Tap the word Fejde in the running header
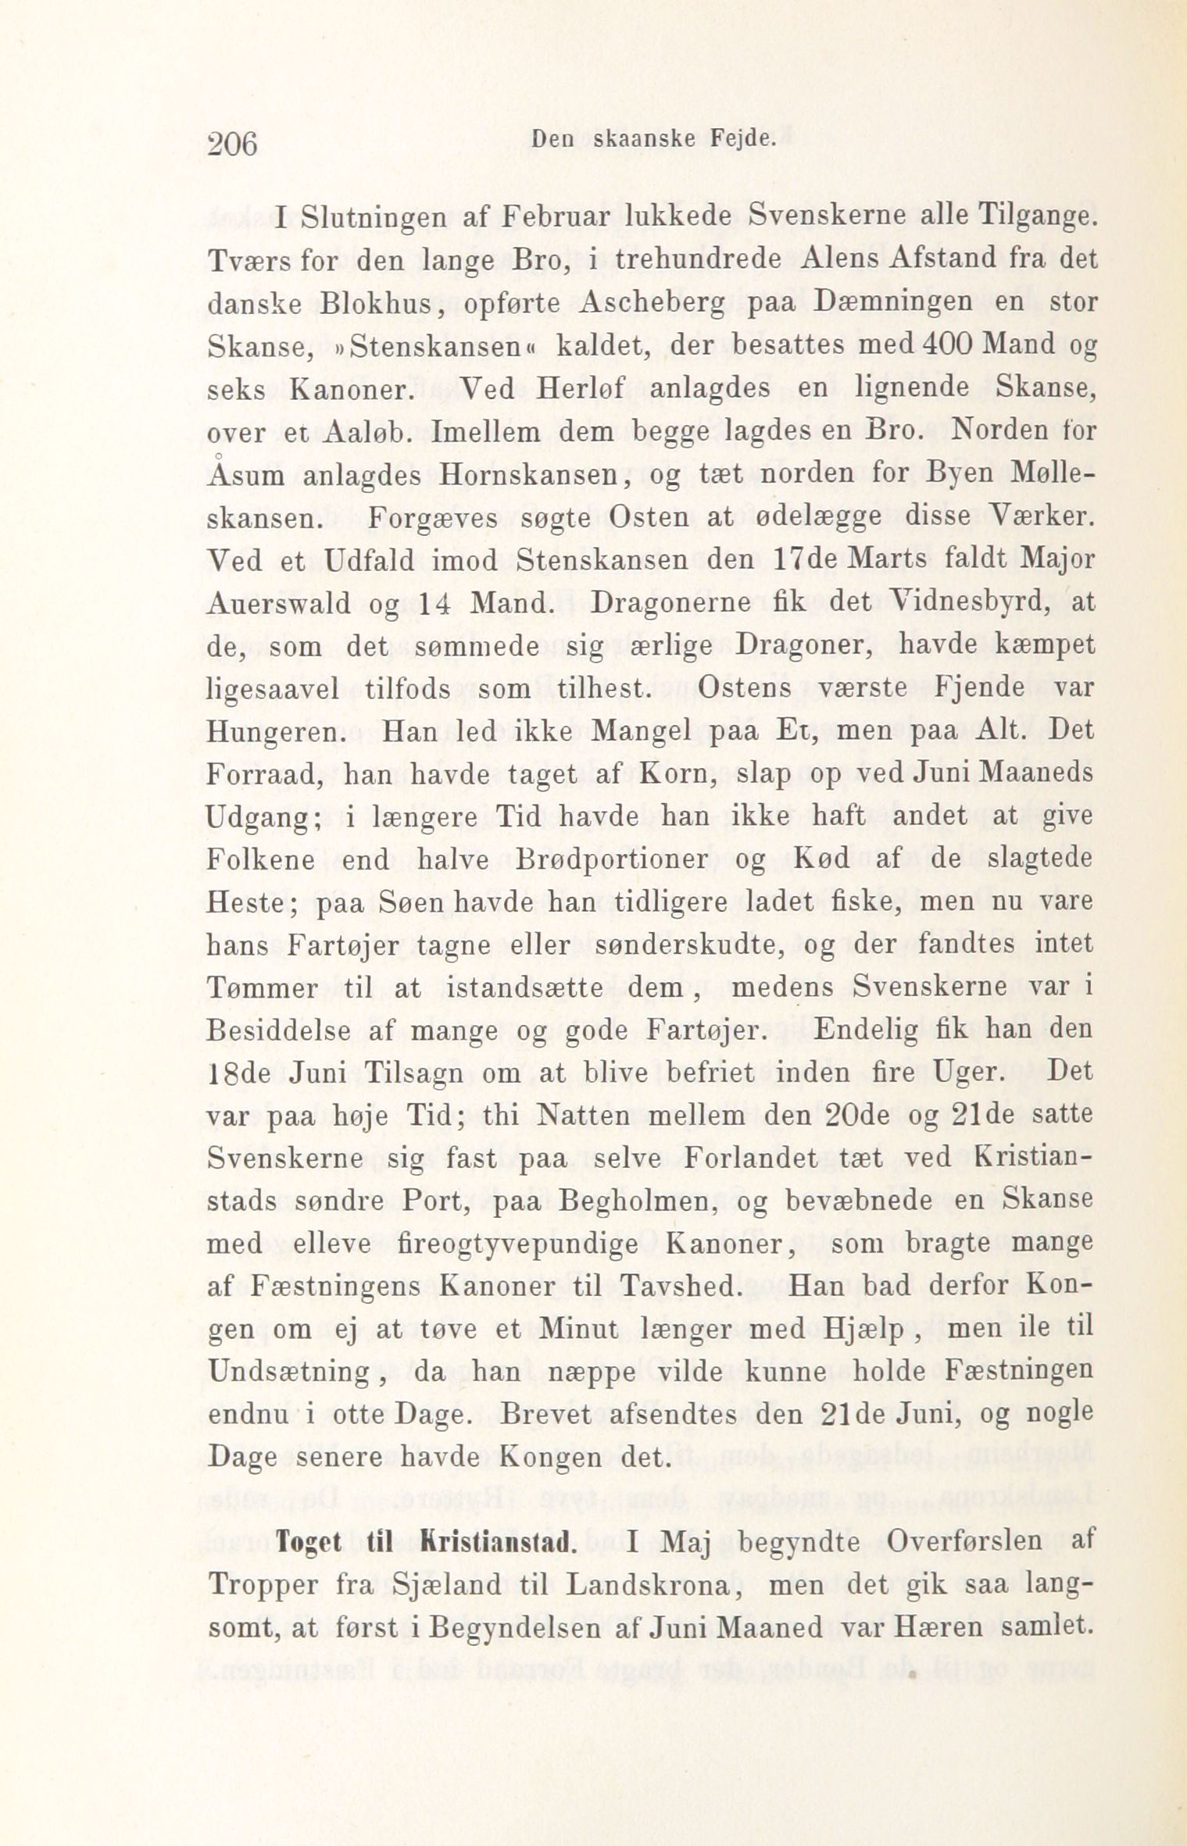tap(742, 140)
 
